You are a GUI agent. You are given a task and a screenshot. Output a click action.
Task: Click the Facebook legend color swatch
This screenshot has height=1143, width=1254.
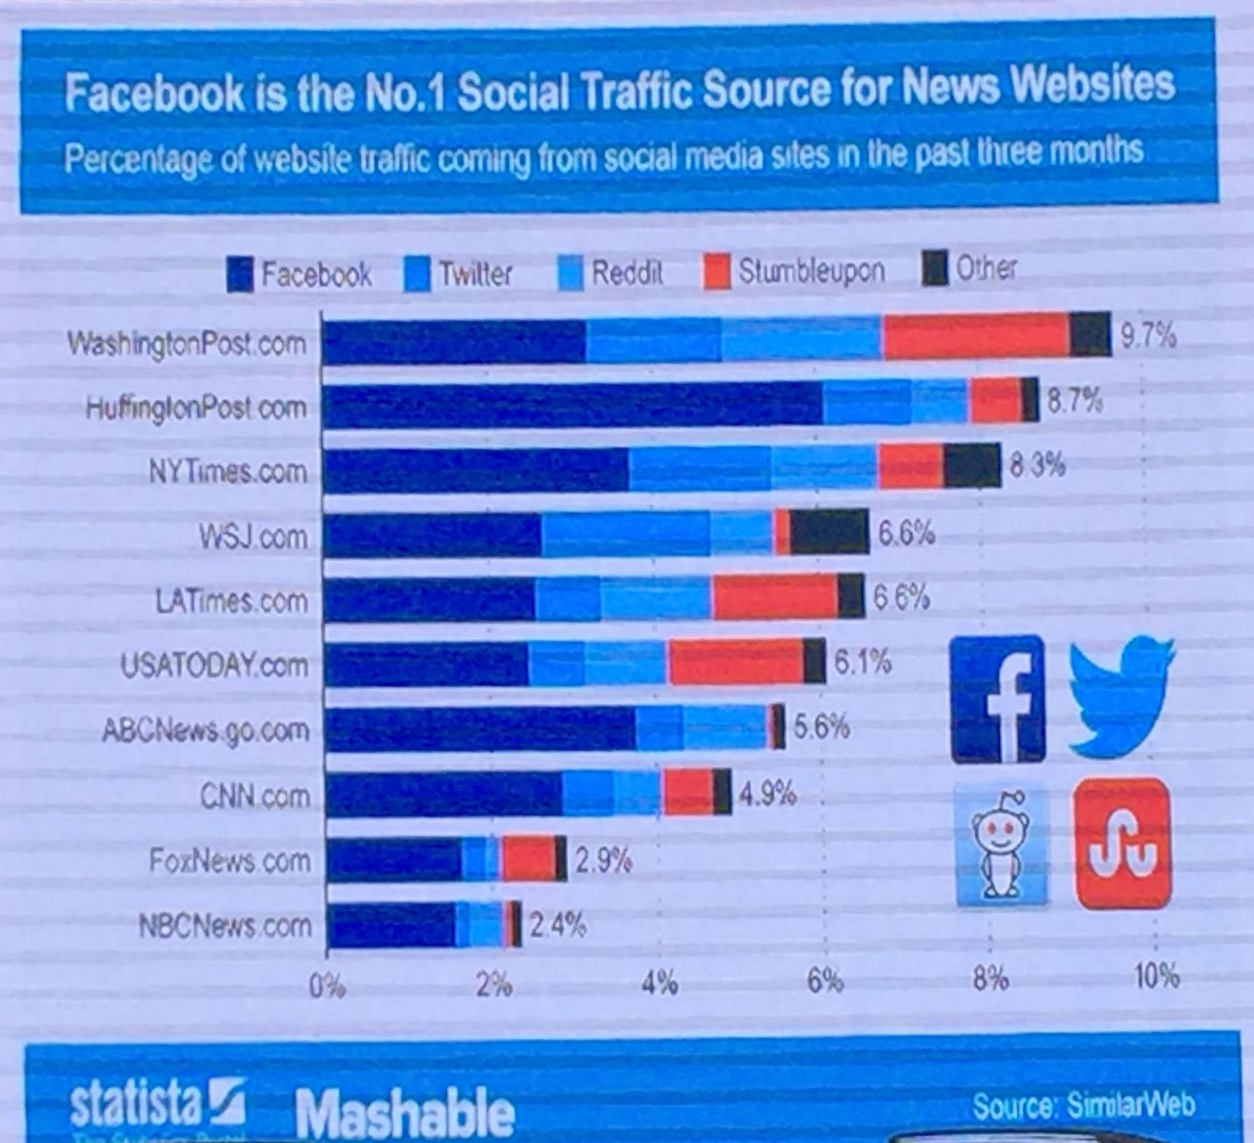(239, 274)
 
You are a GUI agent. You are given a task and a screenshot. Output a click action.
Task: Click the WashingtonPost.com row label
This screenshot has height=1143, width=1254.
(187, 343)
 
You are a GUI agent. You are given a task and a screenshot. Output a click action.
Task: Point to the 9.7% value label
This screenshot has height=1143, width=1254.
(1148, 336)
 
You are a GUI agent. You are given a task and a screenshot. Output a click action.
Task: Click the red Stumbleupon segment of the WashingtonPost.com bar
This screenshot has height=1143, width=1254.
(976, 336)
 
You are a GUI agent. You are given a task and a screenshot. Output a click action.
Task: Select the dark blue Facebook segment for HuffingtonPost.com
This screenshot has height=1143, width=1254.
(571, 405)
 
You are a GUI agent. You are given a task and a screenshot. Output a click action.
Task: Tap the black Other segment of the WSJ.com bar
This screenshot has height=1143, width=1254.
(828, 531)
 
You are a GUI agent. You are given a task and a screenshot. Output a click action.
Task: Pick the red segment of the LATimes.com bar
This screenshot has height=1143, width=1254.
(774, 598)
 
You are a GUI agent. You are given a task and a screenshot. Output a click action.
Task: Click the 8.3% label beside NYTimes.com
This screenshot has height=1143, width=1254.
(1037, 466)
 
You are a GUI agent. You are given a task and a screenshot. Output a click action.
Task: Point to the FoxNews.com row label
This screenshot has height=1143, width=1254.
(229, 861)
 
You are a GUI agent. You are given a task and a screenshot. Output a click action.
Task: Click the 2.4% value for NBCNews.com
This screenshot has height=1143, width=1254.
(557, 925)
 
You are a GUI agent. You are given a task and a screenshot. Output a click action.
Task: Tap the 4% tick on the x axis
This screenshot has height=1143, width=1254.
(659, 982)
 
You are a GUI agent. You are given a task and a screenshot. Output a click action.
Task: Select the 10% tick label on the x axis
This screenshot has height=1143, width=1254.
(1156, 976)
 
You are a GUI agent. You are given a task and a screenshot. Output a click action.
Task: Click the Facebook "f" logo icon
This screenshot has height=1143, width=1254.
(998, 699)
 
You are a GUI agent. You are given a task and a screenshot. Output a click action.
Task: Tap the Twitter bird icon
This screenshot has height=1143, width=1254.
(1121, 695)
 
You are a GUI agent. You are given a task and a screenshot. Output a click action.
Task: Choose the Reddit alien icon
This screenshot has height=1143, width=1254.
(1001, 845)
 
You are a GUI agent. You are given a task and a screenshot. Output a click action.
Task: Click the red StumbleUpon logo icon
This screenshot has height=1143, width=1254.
(1123, 843)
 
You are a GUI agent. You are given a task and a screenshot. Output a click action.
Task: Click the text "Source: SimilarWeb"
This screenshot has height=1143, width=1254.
(1083, 1105)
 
